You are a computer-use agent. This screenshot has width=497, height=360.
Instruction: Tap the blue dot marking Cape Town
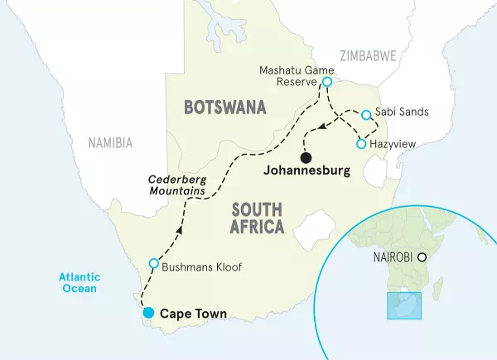(147, 313)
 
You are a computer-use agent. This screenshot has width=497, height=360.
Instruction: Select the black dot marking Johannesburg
(306, 157)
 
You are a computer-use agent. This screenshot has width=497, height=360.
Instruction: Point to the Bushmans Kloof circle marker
(153, 263)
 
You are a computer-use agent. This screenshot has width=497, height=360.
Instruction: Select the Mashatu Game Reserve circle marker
(327, 82)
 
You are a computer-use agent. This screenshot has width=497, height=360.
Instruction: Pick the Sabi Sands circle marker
(364, 113)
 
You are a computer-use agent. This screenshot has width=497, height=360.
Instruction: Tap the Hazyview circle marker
(360, 144)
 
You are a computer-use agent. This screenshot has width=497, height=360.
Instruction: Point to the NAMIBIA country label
(110, 142)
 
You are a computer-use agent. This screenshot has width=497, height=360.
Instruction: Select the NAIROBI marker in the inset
(423, 257)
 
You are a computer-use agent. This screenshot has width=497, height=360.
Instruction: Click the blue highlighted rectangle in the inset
(404, 305)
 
